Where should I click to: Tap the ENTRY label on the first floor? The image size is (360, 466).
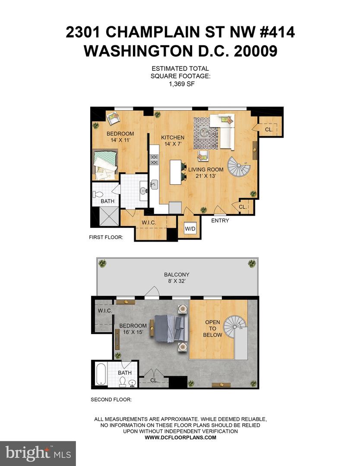pos(220,221)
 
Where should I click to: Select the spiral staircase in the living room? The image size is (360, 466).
pos(239,167)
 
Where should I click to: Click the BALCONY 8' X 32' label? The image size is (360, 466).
pos(177,278)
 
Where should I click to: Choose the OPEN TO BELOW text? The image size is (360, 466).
pos(213,328)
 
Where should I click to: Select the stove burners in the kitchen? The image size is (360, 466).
pos(154,160)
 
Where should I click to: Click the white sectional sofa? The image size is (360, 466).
pos(224,126)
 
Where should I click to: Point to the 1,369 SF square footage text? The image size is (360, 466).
pos(180,84)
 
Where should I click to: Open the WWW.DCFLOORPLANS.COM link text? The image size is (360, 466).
pos(180,437)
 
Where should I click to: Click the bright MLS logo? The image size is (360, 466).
pos(38,453)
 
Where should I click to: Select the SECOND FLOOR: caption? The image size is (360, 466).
pos(111,400)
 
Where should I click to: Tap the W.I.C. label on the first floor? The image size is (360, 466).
pos(148,223)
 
